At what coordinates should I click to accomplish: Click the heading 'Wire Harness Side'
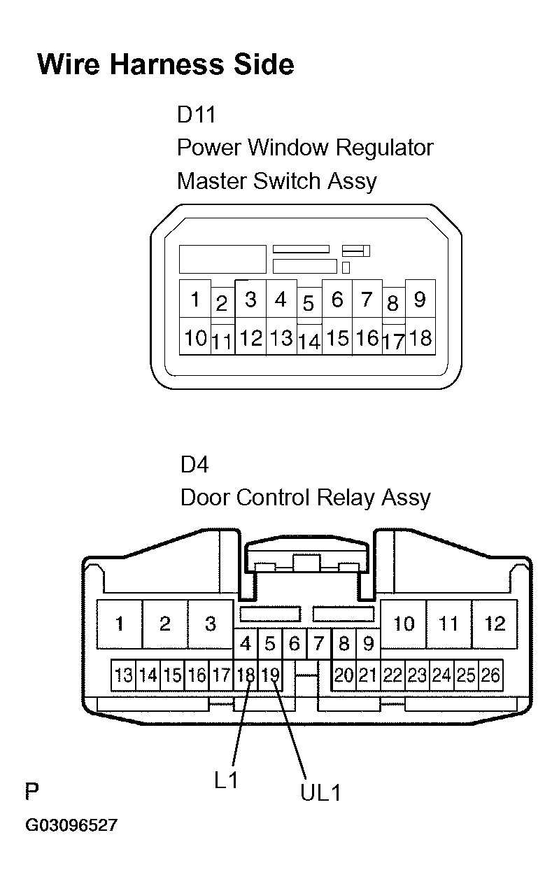(x=166, y=64)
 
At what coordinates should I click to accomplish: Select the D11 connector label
(x=196, y=115)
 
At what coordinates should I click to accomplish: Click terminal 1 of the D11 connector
(x=195, y=299)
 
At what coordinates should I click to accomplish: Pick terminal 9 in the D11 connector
(x=420, y=299)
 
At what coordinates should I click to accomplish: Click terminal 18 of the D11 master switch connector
(x=420, y=337)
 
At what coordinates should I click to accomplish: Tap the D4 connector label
(x=194, y=464)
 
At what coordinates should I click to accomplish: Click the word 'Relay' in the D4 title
(x=346, y=498)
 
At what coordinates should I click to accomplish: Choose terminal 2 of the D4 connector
(x=165, y=624)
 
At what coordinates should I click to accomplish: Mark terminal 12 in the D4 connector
(x=495, y=624)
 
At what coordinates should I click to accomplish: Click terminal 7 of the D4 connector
(x=320, y=644)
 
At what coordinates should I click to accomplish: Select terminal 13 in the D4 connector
(x=123, y=675)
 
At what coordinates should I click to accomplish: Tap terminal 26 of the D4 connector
(x=490, y=675)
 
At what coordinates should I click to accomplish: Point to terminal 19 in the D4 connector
(x=270, y=675)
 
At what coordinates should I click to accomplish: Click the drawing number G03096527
(x=71, y=825)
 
